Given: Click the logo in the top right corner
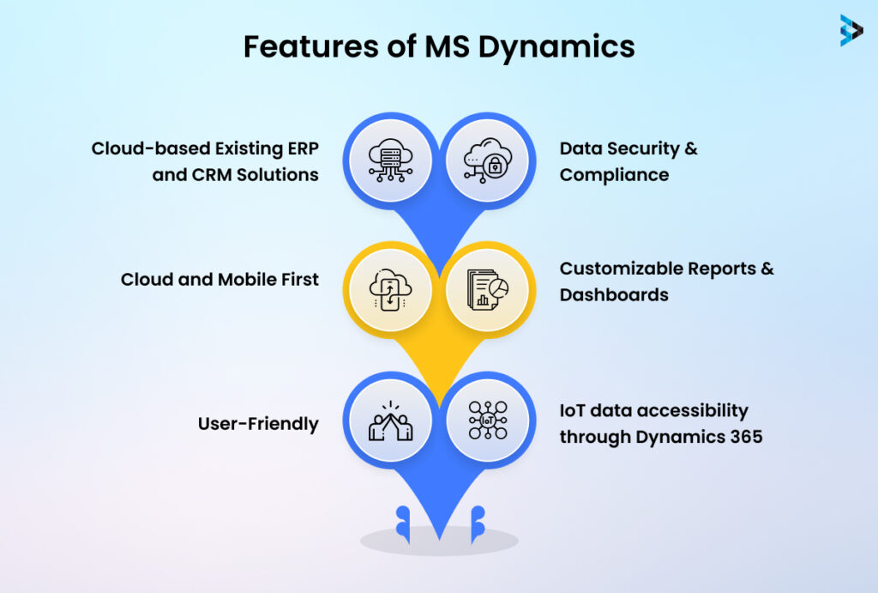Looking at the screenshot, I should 851,29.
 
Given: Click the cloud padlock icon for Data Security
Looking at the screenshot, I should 486,160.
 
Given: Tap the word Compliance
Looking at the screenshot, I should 614,174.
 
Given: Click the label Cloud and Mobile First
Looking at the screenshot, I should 219,279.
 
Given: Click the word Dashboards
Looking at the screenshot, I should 614,294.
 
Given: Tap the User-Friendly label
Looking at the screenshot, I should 258,423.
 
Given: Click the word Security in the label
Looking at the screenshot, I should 640,148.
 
